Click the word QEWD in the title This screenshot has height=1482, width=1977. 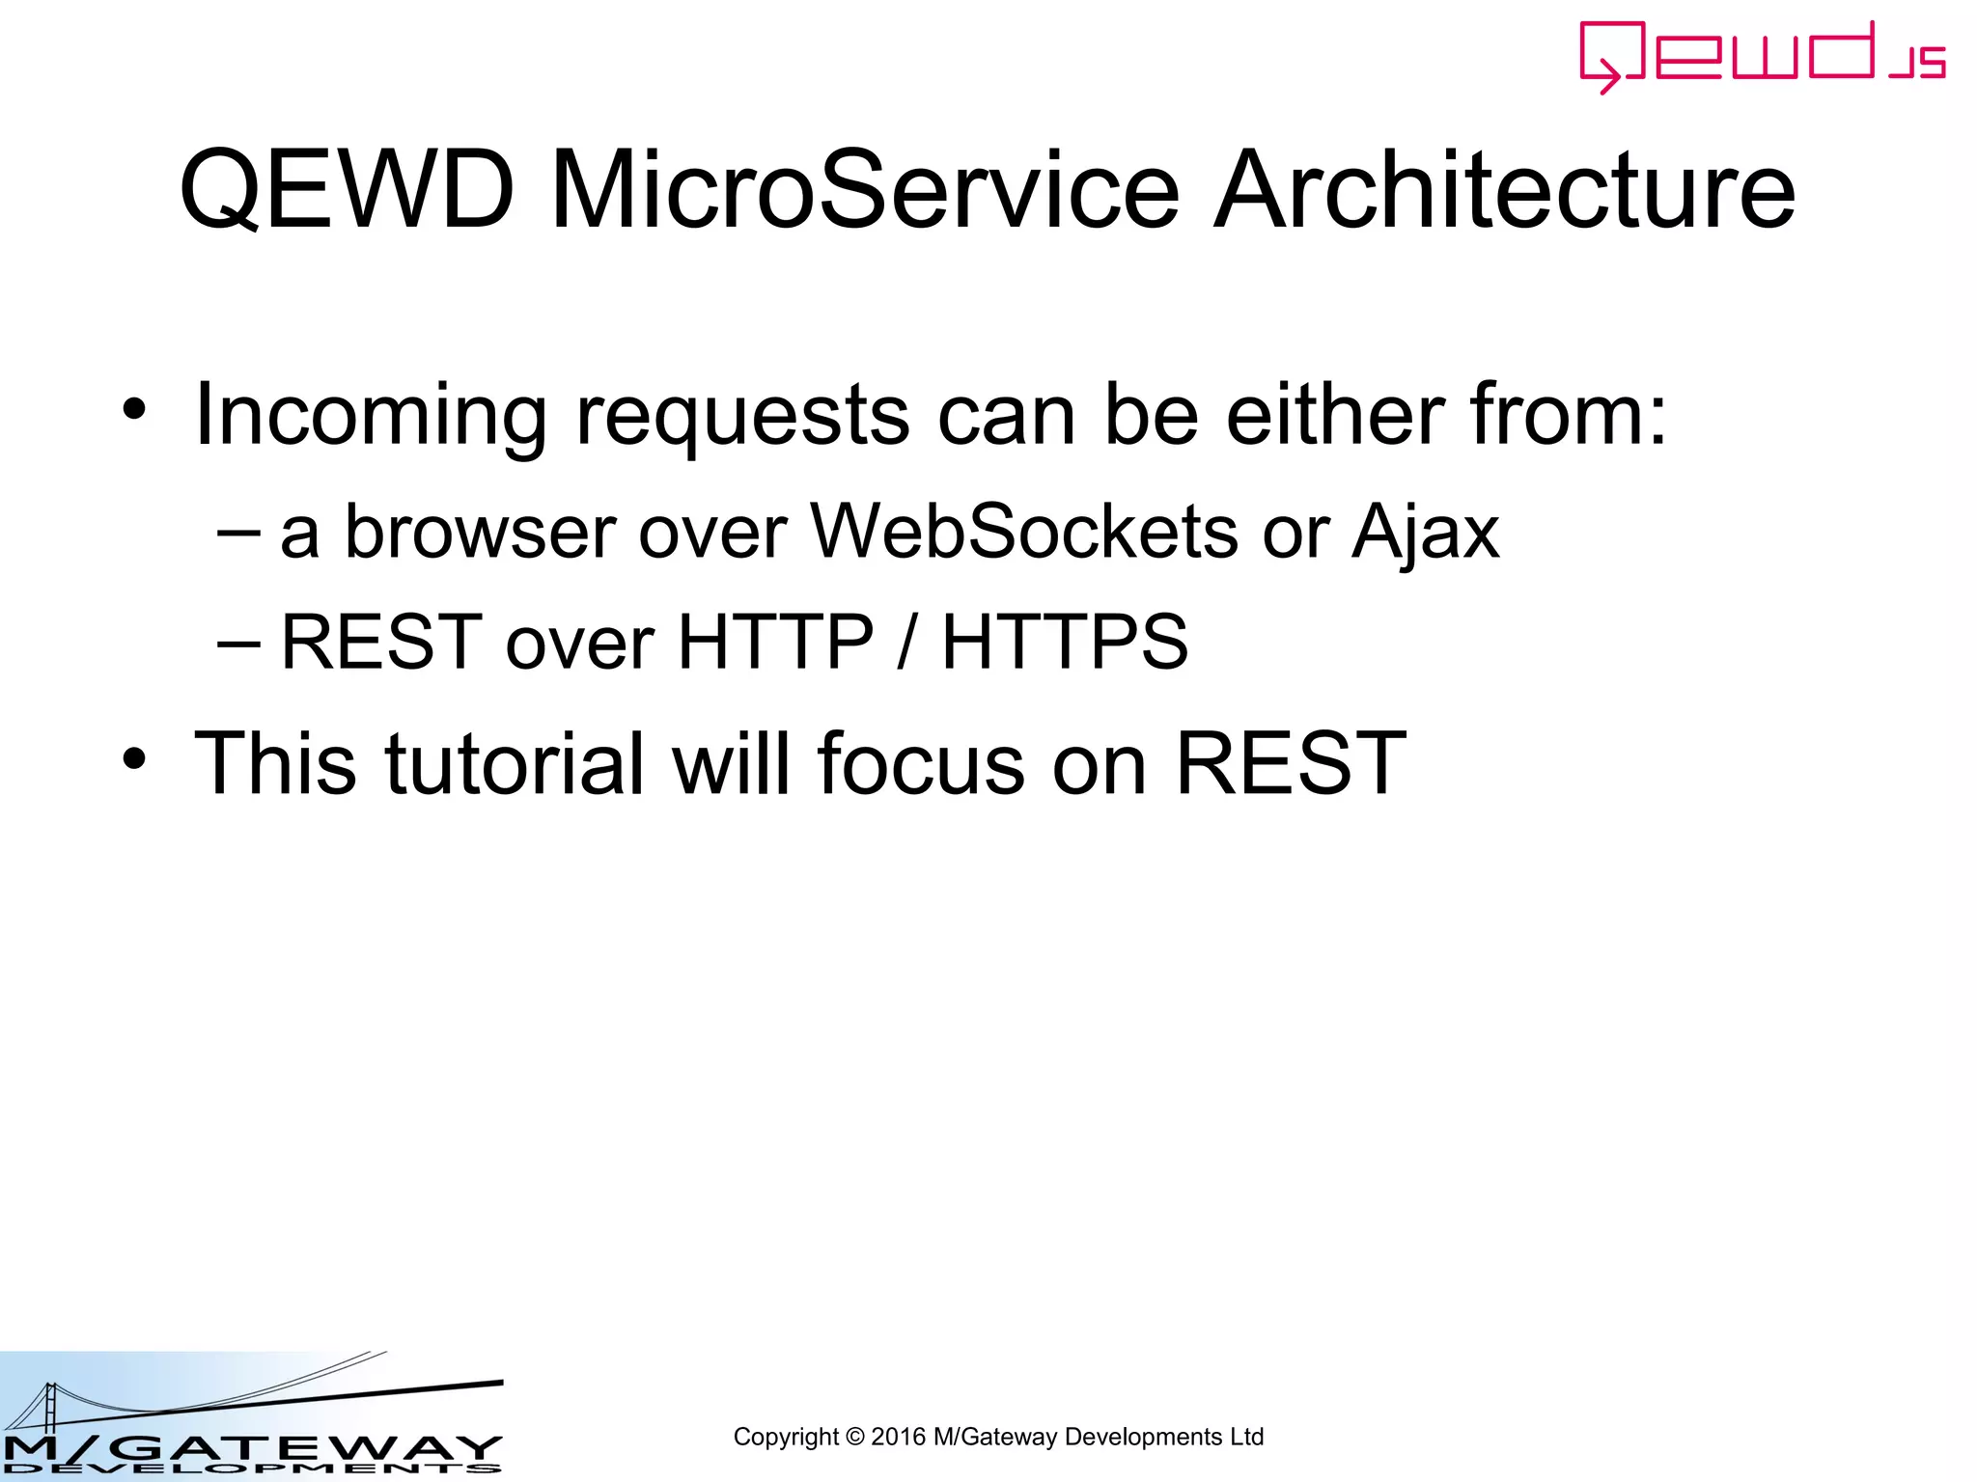347,190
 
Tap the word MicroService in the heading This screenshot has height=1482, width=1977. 864,190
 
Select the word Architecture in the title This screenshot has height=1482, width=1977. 1503,190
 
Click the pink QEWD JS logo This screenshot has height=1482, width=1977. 1761,56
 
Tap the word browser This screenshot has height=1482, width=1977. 480,532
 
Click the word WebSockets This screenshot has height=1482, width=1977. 1023,532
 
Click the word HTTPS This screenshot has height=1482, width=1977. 1064,642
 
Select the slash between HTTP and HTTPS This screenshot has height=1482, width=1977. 905,644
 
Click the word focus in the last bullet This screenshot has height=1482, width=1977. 921,763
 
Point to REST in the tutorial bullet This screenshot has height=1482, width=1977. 1290,763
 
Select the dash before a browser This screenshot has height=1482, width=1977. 238,532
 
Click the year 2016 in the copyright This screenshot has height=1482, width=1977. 898,1437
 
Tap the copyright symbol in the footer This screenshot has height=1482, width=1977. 854,1437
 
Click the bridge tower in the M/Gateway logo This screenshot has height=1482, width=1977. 49,1407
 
